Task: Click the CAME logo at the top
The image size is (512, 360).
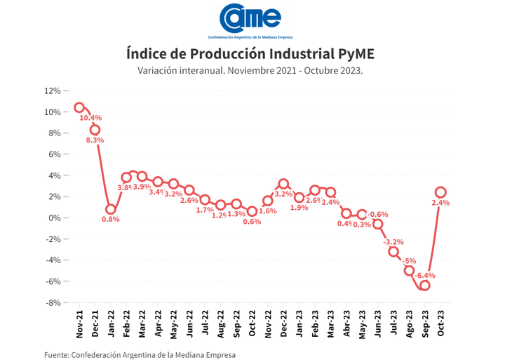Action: pos(250,18)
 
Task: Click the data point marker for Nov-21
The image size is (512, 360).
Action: pos(79,107)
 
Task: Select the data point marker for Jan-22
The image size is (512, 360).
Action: pos(111,209)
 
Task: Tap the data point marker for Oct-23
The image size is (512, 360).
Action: pos(440,192)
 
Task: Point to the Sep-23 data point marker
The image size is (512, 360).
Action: pos(425,285)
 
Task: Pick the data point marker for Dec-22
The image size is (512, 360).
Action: pos(283,184)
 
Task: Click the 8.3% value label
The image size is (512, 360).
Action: pos(95,140)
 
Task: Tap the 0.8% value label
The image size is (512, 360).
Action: pos(111,219)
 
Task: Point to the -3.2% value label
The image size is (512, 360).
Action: pos(393,242)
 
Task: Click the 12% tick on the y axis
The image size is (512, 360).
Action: pos(52,91)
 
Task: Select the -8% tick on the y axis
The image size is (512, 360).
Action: pos(52,303)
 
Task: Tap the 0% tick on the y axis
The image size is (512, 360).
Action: pos(54,218)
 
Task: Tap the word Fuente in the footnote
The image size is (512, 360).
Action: pos(56,354)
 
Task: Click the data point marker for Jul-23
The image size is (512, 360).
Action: pos(393,251)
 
